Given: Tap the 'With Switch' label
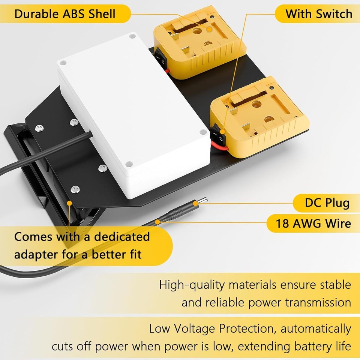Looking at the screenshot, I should (318, 14).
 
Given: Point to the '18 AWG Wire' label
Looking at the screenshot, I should (313, 223).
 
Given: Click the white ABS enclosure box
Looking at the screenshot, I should (131, 112).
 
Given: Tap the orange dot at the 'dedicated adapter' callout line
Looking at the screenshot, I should (70, 203).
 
